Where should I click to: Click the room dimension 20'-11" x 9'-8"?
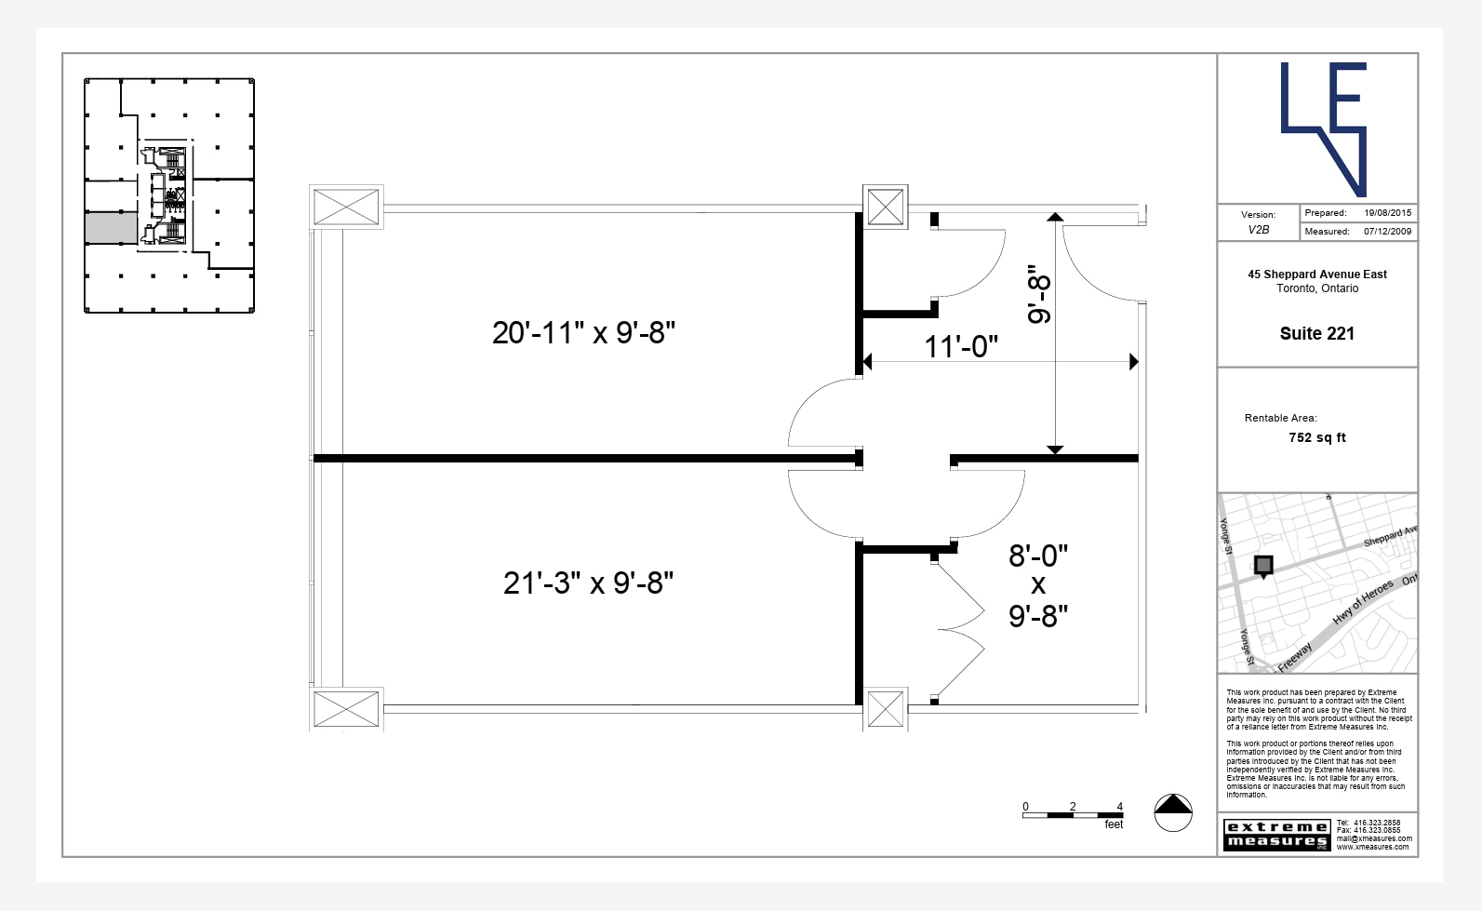click(x=583, y=332)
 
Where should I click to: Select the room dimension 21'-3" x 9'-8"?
click(x=588, y=583)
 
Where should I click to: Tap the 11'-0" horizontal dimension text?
click(x=961, y=346)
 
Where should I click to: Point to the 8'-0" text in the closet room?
click(x=1038, y=556)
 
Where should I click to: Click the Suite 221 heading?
click(x=1316, y=333)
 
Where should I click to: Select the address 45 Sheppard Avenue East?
click(x=1316, y=275)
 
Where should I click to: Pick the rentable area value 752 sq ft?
click(x=1316, y=437)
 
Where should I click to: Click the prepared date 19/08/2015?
click(x=1387, y=213)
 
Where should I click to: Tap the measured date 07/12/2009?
click(x=1387, y=232)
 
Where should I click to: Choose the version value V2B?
click(x=1258, y=230)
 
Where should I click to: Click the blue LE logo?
click(x=1323, y=127)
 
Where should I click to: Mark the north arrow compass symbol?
click(x=1173, y=812)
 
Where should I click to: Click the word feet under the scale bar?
click(x=1114, y=824)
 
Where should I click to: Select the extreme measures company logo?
click(x=1276, y=834)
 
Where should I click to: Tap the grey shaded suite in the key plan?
click(x=111, y=228)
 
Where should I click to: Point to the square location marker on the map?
click(x=1263, y=565)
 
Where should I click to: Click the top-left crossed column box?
click(x=346, y=207)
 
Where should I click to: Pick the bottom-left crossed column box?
click(x=346, y=709)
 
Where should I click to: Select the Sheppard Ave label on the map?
click(x=1390, y=536)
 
